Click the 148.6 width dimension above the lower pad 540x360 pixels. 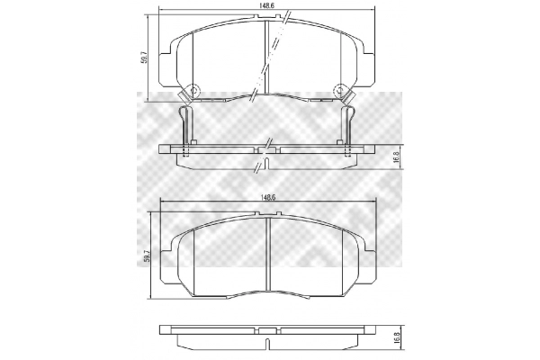265,194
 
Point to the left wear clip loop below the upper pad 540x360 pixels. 185,116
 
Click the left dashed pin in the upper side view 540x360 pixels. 186,151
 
